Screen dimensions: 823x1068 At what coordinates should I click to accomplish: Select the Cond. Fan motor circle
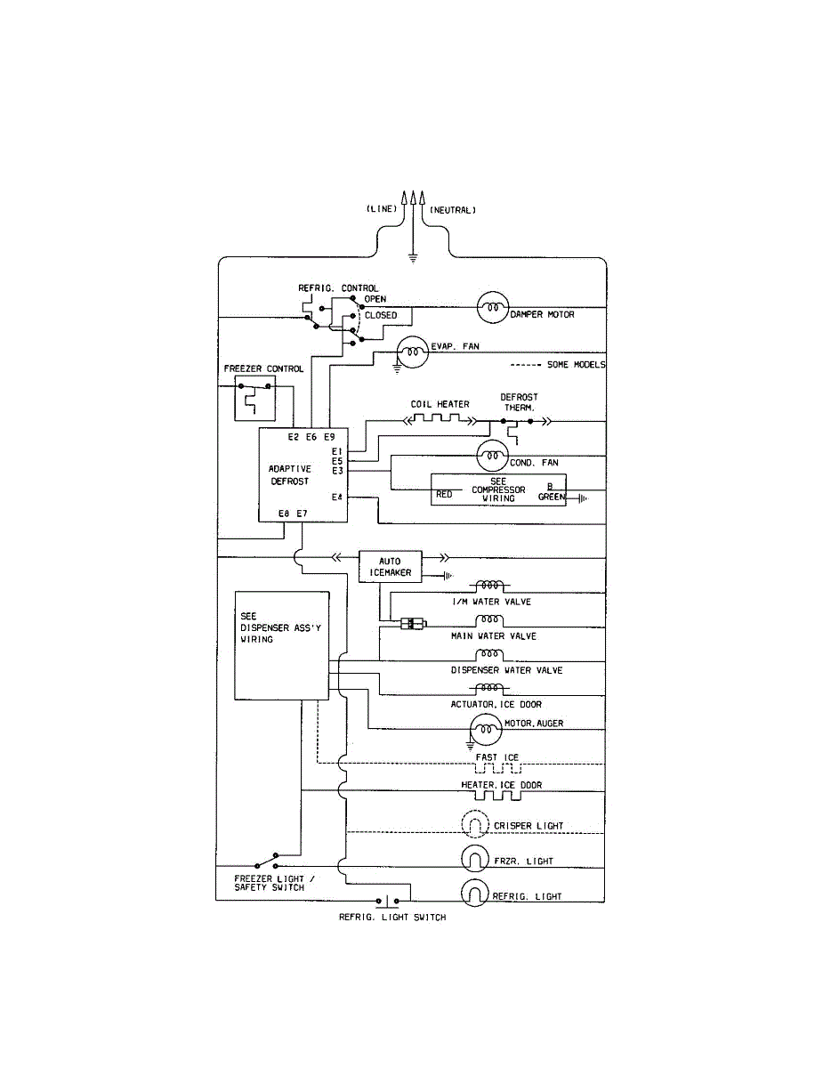(x=492, y=456)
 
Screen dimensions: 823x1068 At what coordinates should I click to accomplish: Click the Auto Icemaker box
(x=390, y=567)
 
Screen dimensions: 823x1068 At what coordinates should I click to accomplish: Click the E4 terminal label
(x=336, y=498)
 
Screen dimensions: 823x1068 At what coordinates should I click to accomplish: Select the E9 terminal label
(x=329, y=437)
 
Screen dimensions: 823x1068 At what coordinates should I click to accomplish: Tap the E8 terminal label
(x=284, y=514)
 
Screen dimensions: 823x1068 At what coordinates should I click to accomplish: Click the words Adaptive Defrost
(x=290, y=475)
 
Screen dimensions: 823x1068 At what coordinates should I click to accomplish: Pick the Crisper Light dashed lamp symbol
(x=475, y=824)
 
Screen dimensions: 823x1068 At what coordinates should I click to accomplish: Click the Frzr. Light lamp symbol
(x=475, y=859)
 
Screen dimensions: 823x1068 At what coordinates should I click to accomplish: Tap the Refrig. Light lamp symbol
(x=475, y=893)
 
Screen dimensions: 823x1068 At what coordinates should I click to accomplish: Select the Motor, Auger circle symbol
(x=486, y=730)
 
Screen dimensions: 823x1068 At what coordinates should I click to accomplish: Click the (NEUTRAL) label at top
(x=453, y=210)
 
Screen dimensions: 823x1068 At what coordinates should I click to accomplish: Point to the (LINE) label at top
(x=382, y=209)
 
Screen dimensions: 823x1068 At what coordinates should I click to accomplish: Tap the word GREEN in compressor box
(x=552, y=497)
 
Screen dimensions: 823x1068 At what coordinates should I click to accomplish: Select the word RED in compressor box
(x=444, y=495)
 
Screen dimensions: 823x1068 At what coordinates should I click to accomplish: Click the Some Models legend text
(x=577, y=365)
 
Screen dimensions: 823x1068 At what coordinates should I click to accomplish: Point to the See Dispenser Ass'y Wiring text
(x=280, y=627)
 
